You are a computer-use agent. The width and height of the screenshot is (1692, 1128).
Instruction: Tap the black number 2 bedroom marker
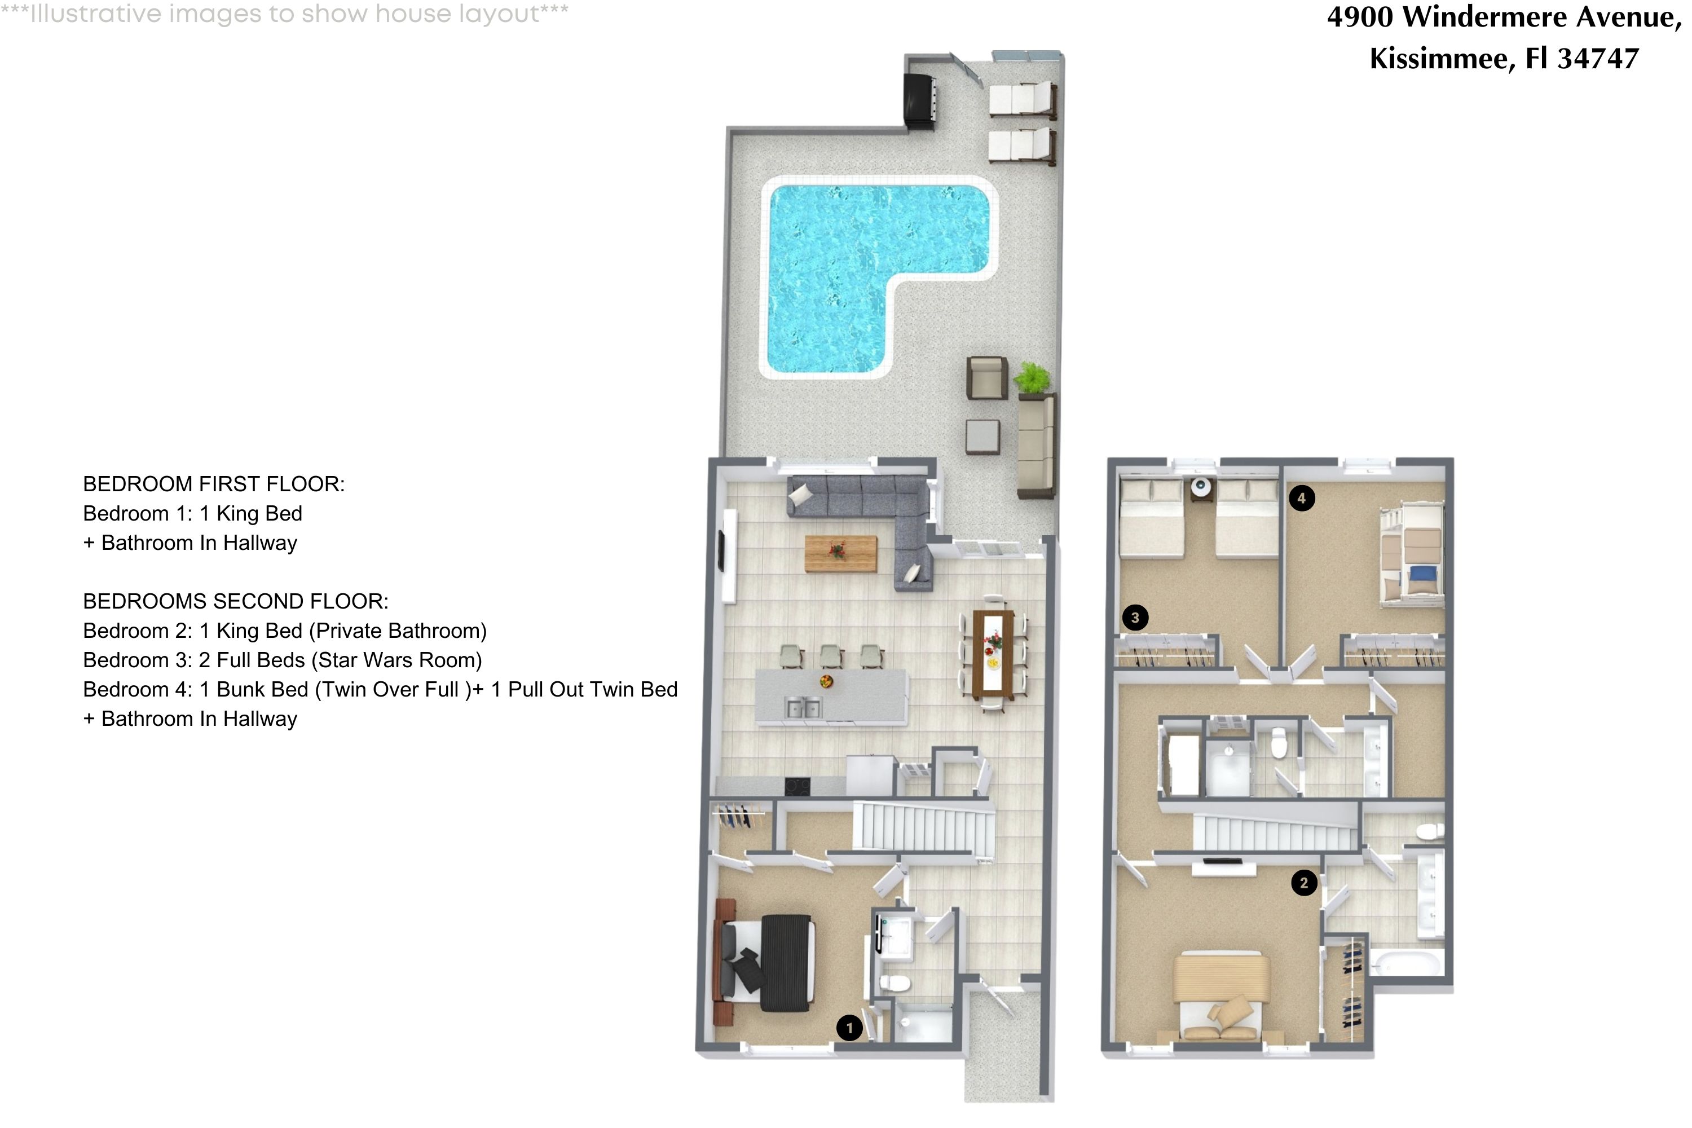pos(1303,883)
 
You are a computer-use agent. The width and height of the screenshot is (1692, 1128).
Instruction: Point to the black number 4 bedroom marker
pos(1301,498)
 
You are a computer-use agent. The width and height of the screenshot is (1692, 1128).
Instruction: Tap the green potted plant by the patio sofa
pos(1032,377)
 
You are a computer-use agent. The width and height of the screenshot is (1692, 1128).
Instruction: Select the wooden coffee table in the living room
pos(840,553)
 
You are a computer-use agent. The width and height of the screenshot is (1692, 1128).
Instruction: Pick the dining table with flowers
pos(993,654)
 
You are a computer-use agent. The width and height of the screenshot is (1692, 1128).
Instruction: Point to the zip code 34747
pos(1598,58)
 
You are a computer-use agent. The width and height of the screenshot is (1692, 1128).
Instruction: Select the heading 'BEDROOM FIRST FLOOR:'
pos(214,484)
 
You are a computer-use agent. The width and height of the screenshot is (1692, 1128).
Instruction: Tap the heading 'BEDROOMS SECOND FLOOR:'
pos(235,601)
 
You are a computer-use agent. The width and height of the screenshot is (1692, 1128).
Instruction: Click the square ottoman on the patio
pos(982,437)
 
